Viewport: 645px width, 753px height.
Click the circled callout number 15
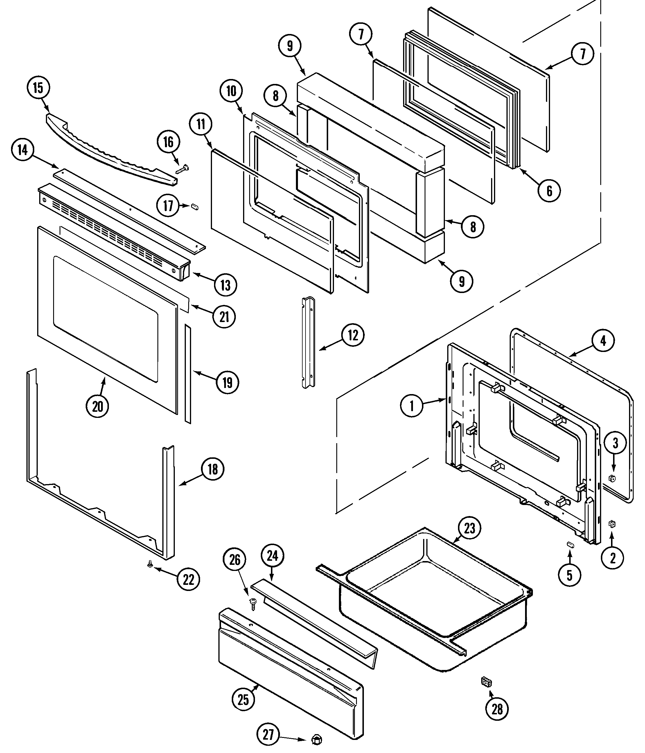(38, 88)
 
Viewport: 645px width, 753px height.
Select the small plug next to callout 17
(195, 206)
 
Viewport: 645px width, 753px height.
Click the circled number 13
(225, 285)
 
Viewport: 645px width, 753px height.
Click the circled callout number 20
(97, 406)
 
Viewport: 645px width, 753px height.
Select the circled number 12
(353, 335)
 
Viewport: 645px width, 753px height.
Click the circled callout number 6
(549, 191)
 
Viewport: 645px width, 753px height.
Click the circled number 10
(231, 91)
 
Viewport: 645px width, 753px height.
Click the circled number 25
(243, 700)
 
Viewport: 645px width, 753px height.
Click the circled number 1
(412, 406)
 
